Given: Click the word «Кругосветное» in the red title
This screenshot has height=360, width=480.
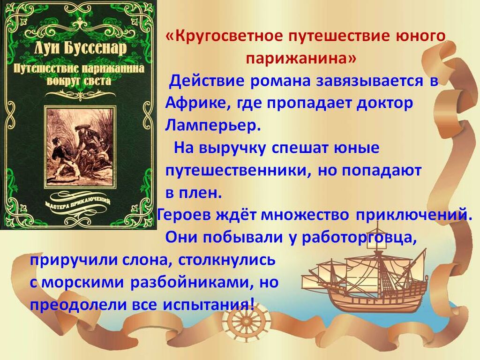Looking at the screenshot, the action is [x=224, y=37].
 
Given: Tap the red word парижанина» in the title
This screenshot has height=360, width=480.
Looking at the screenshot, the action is [x=301, y=58].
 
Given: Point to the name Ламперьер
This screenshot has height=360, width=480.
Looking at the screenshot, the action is [x=213, y=126].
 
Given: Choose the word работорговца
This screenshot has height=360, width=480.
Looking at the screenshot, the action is [x=359, y=238].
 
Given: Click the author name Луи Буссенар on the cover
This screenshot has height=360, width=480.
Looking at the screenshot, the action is [x=80, y=49].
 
